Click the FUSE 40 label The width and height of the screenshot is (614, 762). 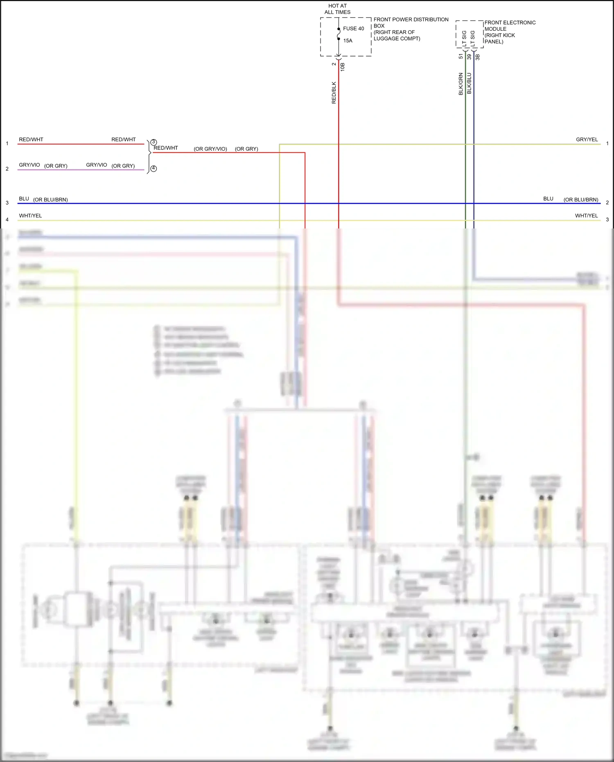pos(353,29)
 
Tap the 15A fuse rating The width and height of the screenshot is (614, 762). pos(348,41)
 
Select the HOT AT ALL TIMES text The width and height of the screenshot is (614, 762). pos(337,9)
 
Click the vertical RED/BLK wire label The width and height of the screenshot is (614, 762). pos(334,93)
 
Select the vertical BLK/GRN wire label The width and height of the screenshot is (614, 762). pos(460,84)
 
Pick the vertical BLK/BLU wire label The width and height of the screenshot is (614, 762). pos(469,84)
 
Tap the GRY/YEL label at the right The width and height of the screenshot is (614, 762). pos(587,140)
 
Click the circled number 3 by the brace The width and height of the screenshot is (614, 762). pos(153,142)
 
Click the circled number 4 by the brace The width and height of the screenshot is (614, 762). pos(153,168)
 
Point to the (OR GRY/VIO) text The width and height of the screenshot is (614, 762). pos(210,149)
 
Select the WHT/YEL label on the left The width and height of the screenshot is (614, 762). pos(30,216)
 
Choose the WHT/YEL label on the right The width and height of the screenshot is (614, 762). pos(586,216)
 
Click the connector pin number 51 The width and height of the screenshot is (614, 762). pos(460,57)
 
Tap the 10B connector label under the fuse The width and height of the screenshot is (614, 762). pos(343,67)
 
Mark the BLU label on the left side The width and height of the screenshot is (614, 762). pos(24,199)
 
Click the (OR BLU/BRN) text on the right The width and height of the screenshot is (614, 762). pos(580,200)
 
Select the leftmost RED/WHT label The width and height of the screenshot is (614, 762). pos(31,140)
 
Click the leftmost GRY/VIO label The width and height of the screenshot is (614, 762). pos(29,165)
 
